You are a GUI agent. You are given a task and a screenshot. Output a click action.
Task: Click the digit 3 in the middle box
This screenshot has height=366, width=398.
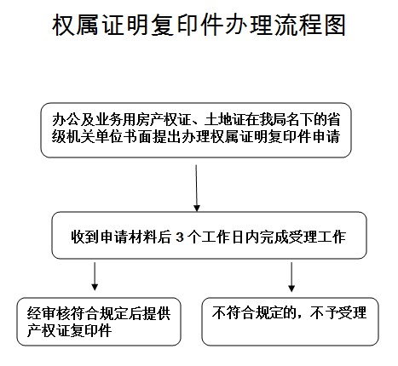(x=180, y=237)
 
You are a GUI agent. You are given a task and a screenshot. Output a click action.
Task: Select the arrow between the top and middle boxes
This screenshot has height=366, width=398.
(x=196, y=188)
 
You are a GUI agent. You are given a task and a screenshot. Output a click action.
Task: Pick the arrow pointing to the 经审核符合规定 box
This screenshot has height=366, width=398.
(x=95, y=277)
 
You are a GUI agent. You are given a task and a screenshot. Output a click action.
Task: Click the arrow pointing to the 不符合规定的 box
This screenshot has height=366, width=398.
(x=291, y=277)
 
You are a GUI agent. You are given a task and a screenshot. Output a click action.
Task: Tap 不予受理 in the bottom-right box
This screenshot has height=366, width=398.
(x=338, y=313)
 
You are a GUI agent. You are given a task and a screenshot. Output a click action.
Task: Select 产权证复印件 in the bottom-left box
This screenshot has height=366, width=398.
(x=69, y=330)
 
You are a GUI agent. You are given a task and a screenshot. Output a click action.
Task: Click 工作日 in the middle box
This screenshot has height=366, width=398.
(x=222, y=237)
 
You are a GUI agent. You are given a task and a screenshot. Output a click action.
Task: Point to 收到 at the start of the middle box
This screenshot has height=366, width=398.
(x=85, y=237)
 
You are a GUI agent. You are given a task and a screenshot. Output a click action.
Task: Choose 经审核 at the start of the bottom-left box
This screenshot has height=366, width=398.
(x=49, y=313)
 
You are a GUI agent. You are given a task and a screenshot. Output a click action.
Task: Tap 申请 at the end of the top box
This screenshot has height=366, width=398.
(x=326, y=137)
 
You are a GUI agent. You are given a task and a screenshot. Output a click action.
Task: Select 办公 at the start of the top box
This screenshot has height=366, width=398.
(x=66, y=120)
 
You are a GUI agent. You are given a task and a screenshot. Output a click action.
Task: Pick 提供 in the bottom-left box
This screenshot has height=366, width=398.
(x=156, y=313)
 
